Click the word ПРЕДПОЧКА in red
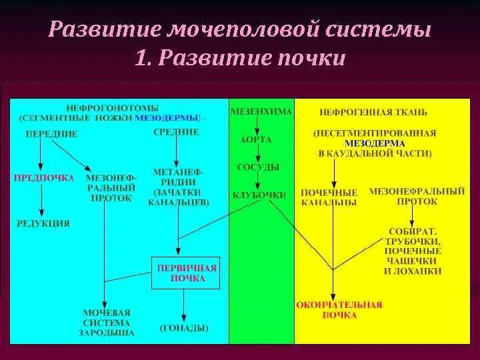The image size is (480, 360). (x=43, y=178)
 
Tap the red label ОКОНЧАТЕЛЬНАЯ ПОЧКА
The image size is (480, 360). (x=339, y=309)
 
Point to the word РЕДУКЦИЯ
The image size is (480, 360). (x=43, y=223)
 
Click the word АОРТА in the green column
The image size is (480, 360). (x=256, y=140)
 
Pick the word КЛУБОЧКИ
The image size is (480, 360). (x=259, y=195)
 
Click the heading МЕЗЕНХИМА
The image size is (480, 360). (x=261, y=111)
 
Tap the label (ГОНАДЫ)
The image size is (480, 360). (x=184, y=328)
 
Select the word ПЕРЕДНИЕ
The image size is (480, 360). (x=51, y=134)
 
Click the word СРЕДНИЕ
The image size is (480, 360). (x=176, y=132)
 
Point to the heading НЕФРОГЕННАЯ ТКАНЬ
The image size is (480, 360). (x=373, y=112)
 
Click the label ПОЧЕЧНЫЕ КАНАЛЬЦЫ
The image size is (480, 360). (x=329, y=197)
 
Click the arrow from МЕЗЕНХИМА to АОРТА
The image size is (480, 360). (x=257, y=125)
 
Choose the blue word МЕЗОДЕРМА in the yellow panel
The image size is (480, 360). (x=375, y=143)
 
